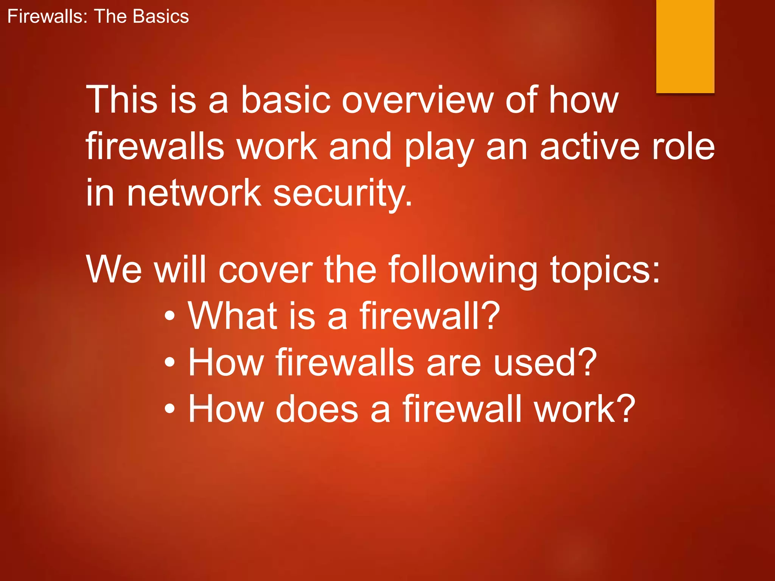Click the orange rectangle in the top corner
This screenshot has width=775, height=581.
(685, 46)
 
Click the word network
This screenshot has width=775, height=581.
(194, 193)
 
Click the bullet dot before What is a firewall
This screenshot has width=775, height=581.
(170, 316)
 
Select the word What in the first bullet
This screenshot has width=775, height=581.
(233, 315)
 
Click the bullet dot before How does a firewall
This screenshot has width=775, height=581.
(170, 409)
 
